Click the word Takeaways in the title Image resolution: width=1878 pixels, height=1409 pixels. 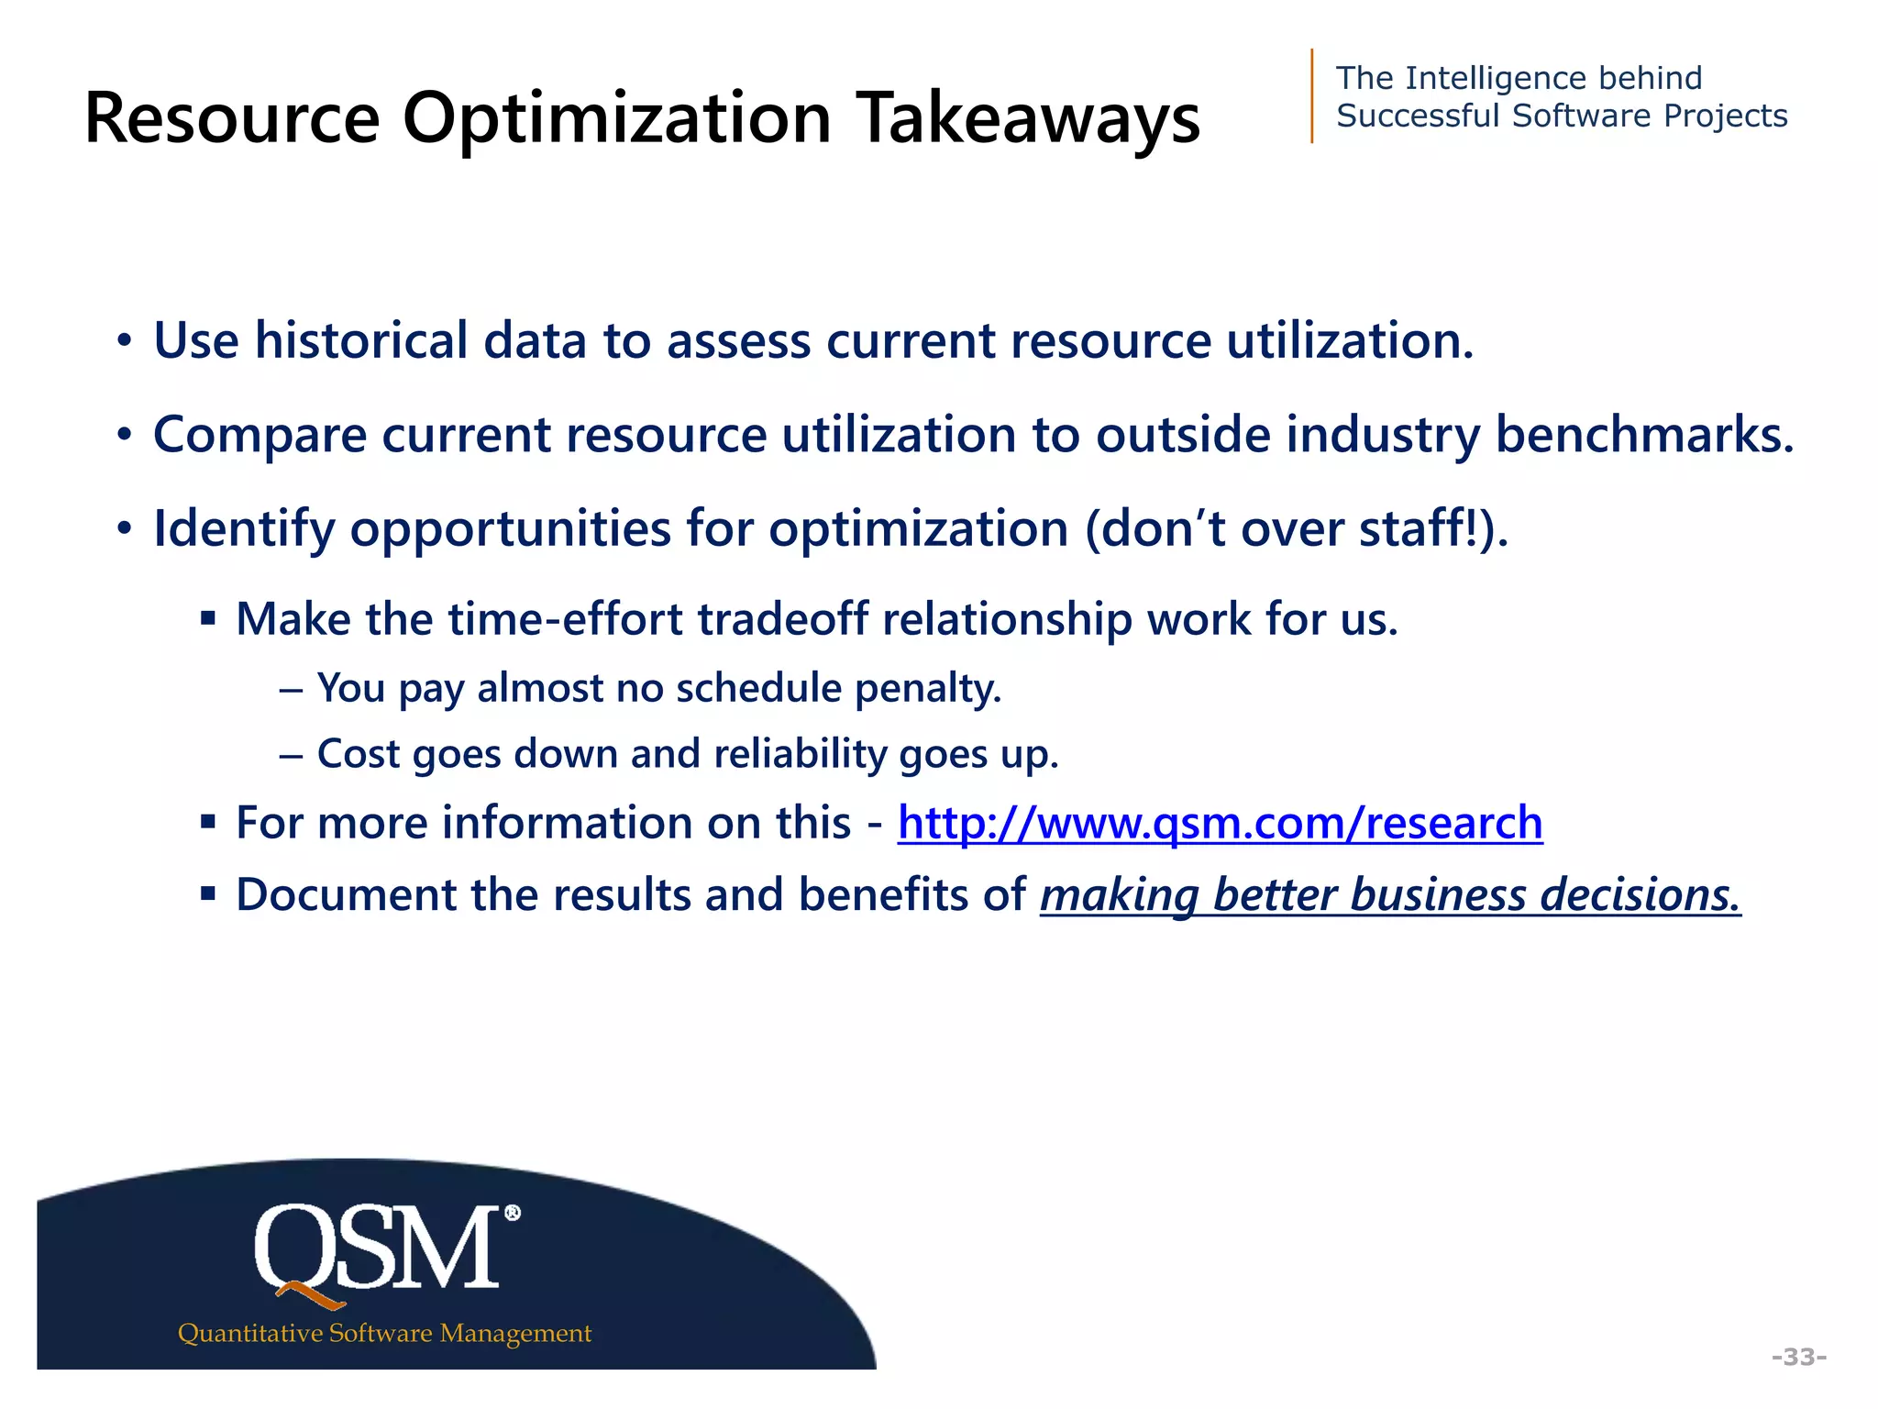[x=1028, y=119]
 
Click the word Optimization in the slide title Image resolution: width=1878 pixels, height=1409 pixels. [x=616, y=119]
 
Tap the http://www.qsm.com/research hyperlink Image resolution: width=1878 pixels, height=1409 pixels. [x=1220, y=823]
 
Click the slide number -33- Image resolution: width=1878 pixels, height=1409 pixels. [x=1798, y=1357]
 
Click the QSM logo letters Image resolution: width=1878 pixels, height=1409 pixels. [x=377, y=1248]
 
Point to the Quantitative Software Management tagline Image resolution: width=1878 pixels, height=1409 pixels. [x=384, y=1333]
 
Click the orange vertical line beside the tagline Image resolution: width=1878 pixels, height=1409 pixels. [x=1312, y=96]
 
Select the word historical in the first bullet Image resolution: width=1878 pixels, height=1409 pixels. [x=361, y=341]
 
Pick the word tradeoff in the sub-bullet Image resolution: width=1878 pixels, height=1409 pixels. [x=781, y=619]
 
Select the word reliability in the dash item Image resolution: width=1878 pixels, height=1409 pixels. [x=800, y=754]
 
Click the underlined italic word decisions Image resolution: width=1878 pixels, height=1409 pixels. [x=1640, y=895]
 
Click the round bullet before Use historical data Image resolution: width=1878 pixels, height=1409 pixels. [x=124, y=343]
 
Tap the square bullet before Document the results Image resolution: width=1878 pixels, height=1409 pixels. [x=208, y=893]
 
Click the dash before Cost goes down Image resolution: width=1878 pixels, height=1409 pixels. [x=291, y=756]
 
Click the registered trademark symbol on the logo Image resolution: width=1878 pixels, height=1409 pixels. [x=513, y=1213]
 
